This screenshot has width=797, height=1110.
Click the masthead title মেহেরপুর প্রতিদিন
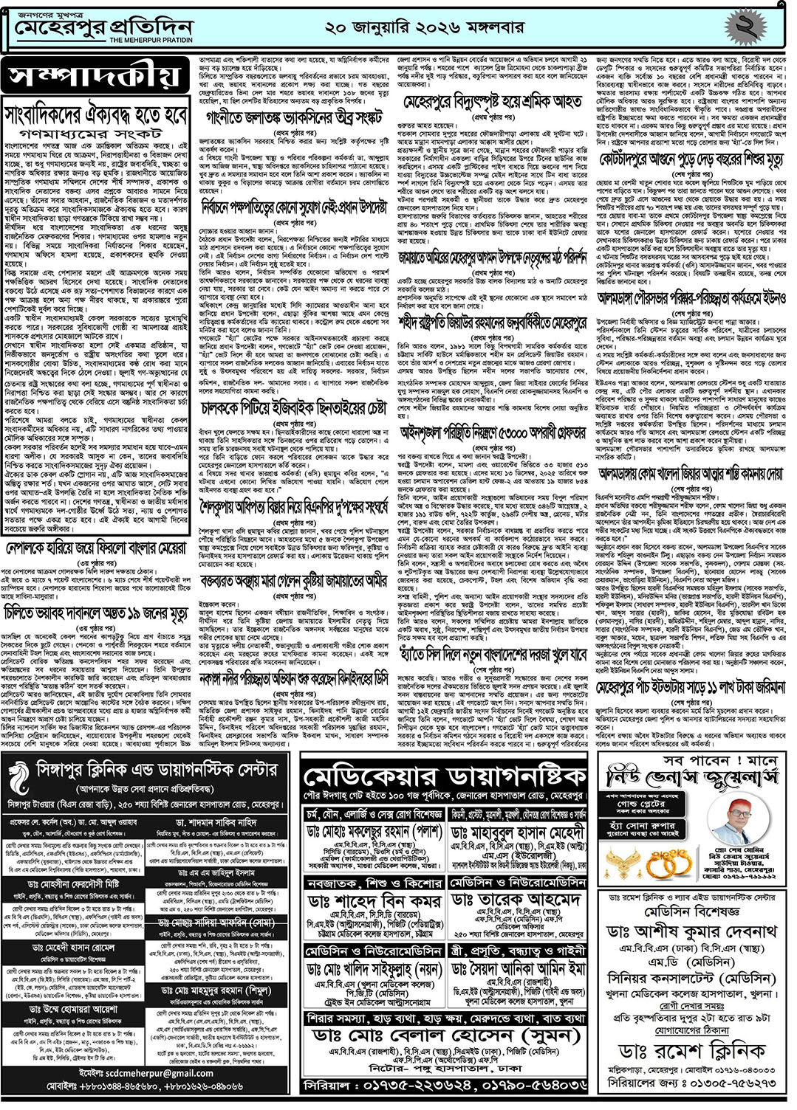click(x=103, y=28)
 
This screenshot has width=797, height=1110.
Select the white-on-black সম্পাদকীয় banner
click(x=95, y=77)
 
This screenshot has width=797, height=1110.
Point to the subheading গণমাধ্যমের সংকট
click(x=97, y=134)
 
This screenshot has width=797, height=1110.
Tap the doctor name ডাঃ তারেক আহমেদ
click(x=516, y=901)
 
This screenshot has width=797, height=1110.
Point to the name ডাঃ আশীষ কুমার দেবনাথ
click(x=691, y=932)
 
